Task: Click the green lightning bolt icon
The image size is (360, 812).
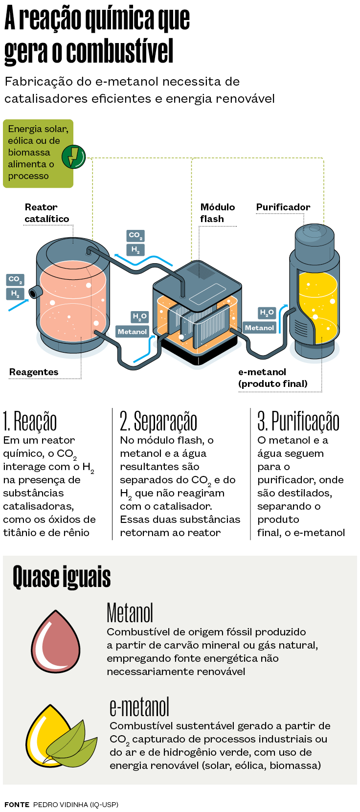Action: point(73,157)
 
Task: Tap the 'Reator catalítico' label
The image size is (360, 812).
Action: point(47,213)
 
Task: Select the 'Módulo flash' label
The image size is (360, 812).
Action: point(218,213)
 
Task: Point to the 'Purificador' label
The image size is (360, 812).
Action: point(283,207)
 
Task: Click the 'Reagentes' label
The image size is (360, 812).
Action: point(34,372)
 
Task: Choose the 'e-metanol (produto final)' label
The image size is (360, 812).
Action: point(273,378)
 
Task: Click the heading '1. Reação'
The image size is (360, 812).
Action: point(30,422)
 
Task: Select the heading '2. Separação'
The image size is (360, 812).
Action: point(158,422)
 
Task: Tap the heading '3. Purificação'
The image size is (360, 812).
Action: point(298,422)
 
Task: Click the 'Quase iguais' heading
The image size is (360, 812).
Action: point(62,577)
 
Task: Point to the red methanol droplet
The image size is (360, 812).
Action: point(55,640)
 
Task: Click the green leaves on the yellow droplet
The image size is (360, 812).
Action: point(72,744)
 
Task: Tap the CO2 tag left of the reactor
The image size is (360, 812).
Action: point(15,280)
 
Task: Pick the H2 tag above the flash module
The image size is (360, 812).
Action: point(135,250)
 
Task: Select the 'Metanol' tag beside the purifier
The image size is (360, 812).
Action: point(259,328)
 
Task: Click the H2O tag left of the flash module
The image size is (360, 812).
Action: point(139,317)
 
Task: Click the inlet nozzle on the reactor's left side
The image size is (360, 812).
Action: point(36,292)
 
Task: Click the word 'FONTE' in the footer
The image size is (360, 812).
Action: point(17,805)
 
